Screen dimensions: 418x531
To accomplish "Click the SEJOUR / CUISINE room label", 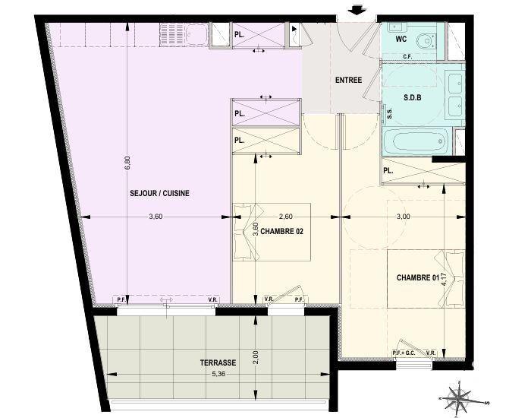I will point(159,193).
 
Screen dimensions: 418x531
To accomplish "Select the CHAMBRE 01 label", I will point(418,278).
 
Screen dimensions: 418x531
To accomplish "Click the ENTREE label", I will point(348,81).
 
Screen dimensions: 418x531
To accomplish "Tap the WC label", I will point(401,36).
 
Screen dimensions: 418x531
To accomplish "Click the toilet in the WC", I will point(427,40).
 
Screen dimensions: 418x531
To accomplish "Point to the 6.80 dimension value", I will point(127,164).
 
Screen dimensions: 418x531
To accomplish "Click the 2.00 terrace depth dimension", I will point(256,354).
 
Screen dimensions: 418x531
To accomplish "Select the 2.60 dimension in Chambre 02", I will point(286,217).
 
